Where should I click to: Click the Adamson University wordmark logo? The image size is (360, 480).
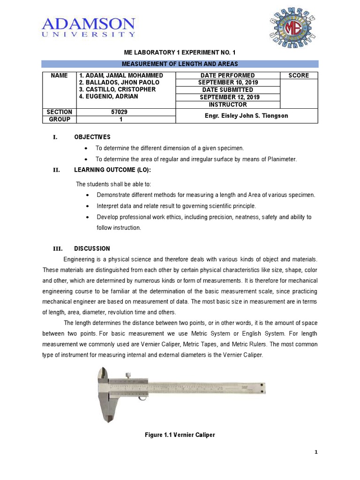click(x=89, y=27)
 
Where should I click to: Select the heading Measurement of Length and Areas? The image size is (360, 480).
click(x=180, y=64)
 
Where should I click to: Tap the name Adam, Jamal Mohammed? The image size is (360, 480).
click(x=121, y=75)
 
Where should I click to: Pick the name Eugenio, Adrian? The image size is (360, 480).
click(x=108, y=97)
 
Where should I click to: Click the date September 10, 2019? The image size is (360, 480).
click(x=227, y=82)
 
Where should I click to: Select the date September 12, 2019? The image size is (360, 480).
click(x=227, y=97)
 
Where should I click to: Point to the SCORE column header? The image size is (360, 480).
click(x=299, y=75)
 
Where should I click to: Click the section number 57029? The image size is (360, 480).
click(x=125, y=112)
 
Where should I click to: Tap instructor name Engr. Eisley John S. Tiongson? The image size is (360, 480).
click(x=247, y=116)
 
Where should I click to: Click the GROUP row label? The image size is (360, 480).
click(x=59, y=120)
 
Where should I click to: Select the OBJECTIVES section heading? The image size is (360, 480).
click(x=92, y=137)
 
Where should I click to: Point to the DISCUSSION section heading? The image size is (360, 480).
click(x=92, y=248)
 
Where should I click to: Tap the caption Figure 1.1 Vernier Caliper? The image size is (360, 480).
click(x=180, y=435)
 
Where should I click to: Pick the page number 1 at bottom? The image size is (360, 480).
click(x=316, y=452)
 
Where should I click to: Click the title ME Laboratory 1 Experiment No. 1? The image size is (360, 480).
click(x=180, y=52)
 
